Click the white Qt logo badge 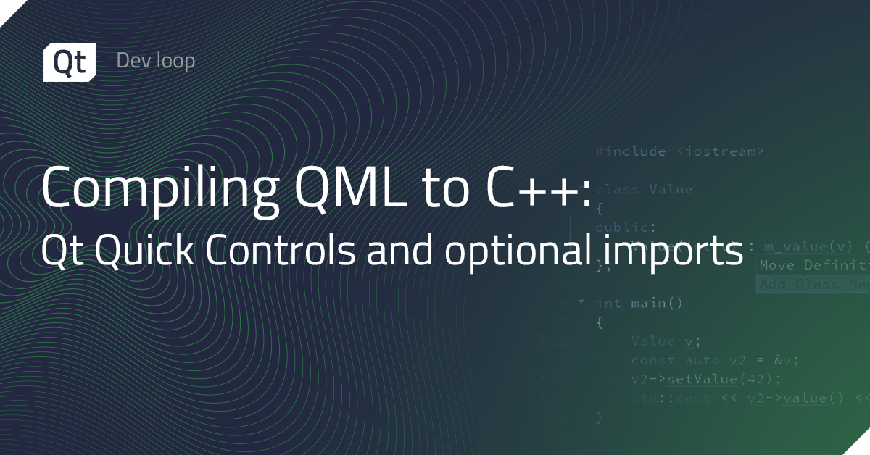(70, 62)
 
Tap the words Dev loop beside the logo (155, 61)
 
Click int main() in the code (639, 303)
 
